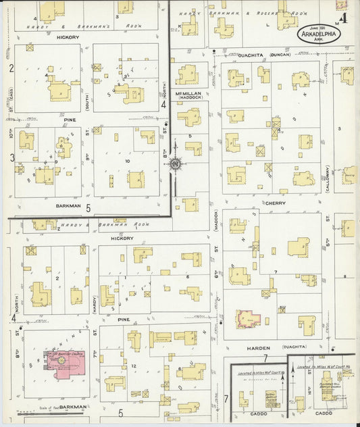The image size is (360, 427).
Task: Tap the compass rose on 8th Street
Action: (175, 163)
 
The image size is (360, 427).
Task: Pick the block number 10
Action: (126, 161)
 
